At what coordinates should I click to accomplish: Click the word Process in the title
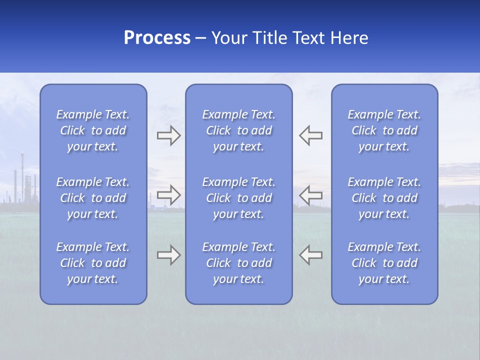[157, 38]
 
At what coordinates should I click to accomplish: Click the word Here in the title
[349, 38]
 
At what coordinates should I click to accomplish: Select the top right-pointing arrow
[168, 135]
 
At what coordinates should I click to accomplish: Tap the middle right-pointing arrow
[168, 194]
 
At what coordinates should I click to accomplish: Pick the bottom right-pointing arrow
[168, 255]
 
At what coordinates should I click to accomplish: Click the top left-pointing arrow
[311, 135]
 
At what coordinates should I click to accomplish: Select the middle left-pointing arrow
[311, 194]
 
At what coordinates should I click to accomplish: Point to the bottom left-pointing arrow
[311, 255]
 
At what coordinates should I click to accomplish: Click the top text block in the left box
[93, 130]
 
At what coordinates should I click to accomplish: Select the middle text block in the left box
[93, 198]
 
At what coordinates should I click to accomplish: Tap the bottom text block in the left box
[93, 263]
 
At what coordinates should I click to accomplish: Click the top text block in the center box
[238, 130]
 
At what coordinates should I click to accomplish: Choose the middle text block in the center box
[238, 198]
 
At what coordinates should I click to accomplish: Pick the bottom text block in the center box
[238, 263]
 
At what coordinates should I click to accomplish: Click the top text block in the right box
[384, 130]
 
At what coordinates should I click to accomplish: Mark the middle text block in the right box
[384, 198]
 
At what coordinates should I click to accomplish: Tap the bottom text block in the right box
[384, 263]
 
